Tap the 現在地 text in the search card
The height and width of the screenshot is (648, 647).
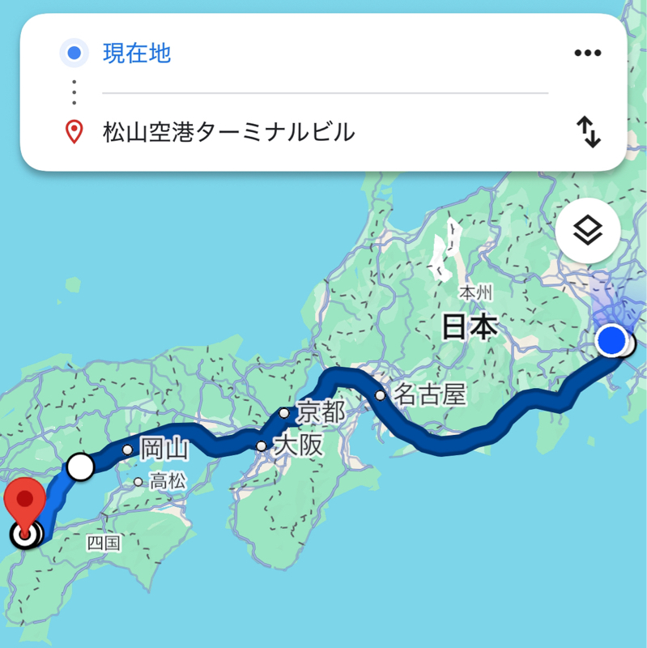pos(136,54)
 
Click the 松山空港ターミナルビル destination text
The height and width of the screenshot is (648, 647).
pos(228,131)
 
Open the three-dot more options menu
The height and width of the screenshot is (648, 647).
pos(589,53)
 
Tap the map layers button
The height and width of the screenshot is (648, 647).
pos(589,231)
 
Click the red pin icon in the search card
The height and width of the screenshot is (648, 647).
pos(74,131)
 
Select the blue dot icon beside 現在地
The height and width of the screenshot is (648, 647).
pos(74,54)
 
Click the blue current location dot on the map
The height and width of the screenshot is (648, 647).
pos(611,340)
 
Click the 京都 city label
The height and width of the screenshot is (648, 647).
pos(321,411)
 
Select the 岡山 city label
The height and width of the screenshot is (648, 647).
pos(164,448)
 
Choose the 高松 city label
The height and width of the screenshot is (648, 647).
pos(166,482)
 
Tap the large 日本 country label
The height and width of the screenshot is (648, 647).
pos(469,327)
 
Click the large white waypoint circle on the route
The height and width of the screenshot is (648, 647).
pos(80,467)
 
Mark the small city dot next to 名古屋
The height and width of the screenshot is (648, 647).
pos(380,396)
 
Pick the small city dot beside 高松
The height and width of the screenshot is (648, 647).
pos(138,482)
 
